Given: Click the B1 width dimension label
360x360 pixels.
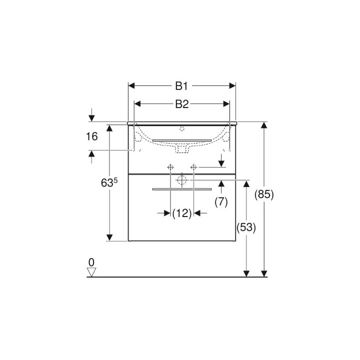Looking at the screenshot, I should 181,86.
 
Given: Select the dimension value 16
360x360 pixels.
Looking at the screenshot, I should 91,137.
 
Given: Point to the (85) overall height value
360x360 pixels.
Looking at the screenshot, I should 264,195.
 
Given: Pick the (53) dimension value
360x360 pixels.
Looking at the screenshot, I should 246,227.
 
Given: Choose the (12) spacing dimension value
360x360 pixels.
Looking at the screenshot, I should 182,213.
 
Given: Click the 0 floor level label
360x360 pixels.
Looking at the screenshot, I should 91,262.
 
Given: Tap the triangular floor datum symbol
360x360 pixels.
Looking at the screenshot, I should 91,271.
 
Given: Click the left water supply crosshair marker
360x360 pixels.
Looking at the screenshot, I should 170,166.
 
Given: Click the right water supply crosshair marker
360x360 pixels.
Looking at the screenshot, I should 193,166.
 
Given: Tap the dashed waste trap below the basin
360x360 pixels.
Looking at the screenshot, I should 182,148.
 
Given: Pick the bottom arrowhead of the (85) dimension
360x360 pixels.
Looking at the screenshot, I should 264,273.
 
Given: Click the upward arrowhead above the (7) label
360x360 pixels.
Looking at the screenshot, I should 221,183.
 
